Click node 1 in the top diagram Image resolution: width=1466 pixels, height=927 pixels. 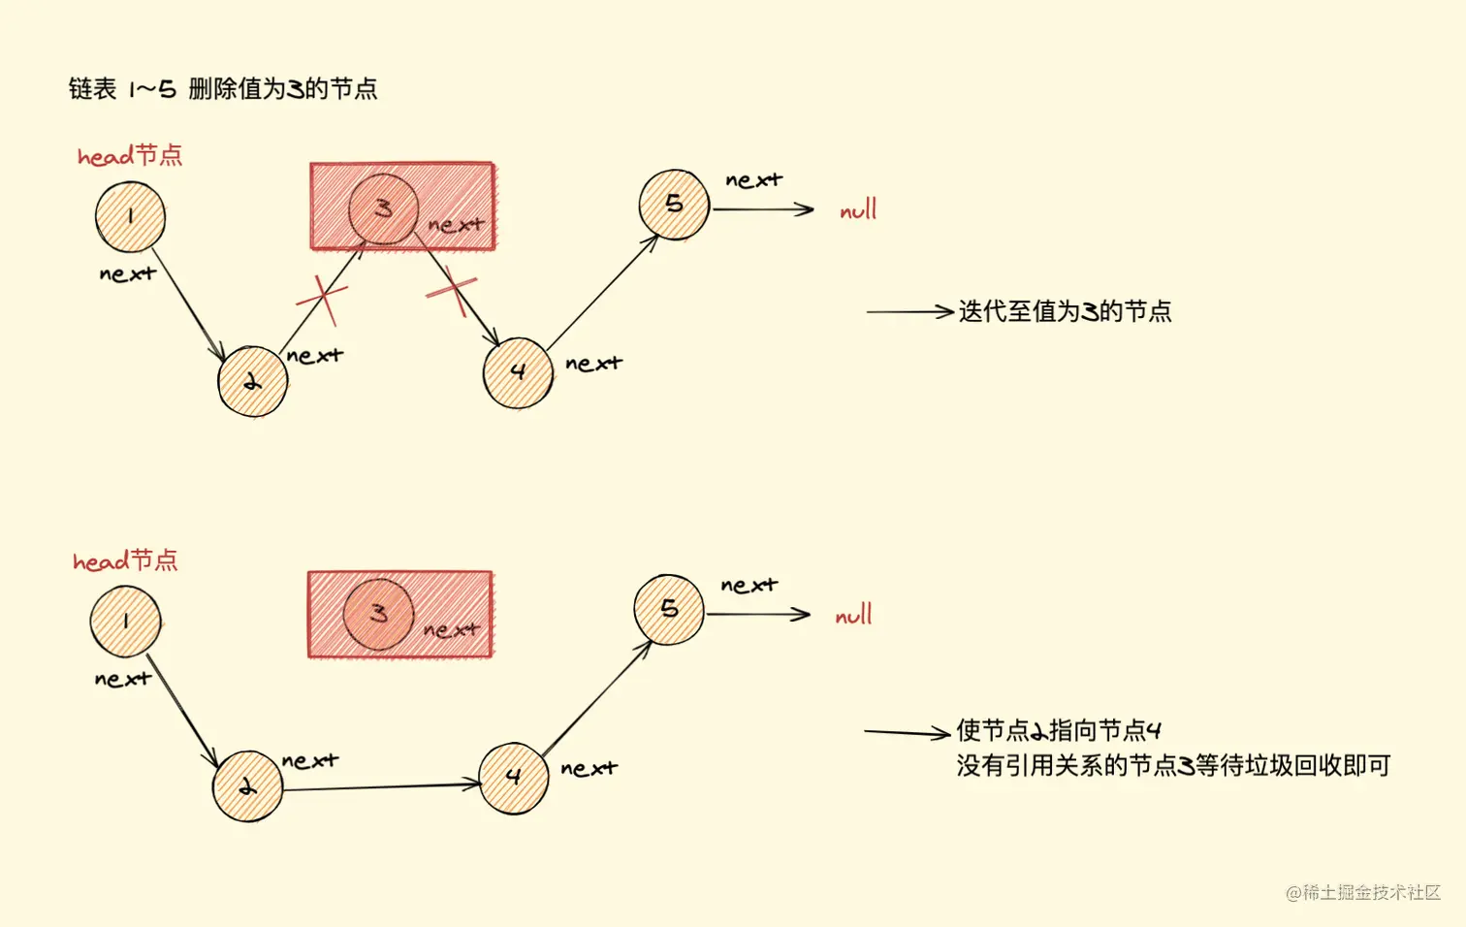coord(130,216)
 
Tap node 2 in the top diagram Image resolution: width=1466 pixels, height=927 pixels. coord(252,382)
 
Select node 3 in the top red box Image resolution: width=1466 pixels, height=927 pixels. coord(383,208)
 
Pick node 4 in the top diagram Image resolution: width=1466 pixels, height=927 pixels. coord(518,372)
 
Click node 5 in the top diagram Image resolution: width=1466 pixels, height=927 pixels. coord(674,205)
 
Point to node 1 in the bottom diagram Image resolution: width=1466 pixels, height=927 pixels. coord(125,622)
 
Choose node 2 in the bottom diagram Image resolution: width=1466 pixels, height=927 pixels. coord(247,786)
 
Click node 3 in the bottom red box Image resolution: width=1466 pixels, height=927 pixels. coord(378,614)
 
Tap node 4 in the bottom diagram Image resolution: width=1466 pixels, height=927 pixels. coord(514,778)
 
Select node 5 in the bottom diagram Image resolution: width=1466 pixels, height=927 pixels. coord(669,609)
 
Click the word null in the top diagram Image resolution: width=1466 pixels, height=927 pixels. coord(858,209)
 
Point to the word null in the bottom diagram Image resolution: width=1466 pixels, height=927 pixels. coord(853,615)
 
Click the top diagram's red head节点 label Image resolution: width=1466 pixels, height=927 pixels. coord(130,155)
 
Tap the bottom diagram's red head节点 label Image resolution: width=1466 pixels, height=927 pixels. coord(125,560)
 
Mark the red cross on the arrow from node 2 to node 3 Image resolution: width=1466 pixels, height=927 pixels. coord(322,299)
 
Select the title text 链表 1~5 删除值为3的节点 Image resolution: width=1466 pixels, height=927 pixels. coord(223,89)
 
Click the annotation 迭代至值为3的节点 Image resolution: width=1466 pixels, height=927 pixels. coord(1065,311)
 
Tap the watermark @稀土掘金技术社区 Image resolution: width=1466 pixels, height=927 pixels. coord(1363,892)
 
